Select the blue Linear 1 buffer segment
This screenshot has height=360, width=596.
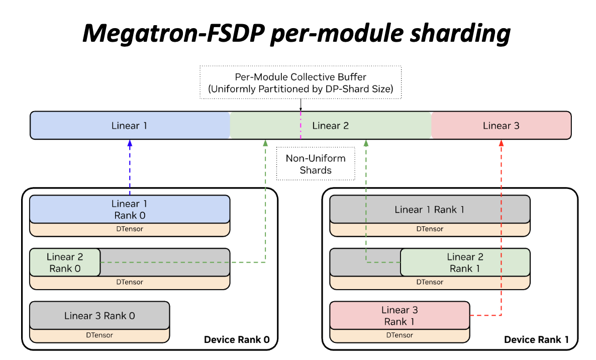coord(129,125)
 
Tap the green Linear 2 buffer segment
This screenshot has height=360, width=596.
coord(330,125)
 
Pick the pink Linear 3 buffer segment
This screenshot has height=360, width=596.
coord(501,125)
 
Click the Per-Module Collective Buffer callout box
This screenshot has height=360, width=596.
coord(300,83)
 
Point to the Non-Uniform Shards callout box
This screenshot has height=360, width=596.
coord(316,164)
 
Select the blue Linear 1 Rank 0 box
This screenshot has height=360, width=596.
coord(130,209)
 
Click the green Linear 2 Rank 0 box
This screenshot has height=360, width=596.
coord(65,262)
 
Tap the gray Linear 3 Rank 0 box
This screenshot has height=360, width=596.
coord(100,316)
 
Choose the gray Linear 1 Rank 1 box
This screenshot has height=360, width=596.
coord(430,209)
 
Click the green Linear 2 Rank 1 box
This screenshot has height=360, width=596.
coord(465,262)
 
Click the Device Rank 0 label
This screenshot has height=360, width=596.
coord(237,340)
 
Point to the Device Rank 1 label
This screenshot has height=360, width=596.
coord(537,340)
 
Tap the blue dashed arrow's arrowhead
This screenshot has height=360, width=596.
coord(130,143)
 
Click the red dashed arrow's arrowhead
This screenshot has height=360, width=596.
coord(501,143)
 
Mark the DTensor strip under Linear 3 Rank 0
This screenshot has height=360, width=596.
coord(100,335)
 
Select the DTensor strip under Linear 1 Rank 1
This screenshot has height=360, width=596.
coord(430,229)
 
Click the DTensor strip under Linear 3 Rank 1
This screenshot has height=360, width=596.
coord(400,335)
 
